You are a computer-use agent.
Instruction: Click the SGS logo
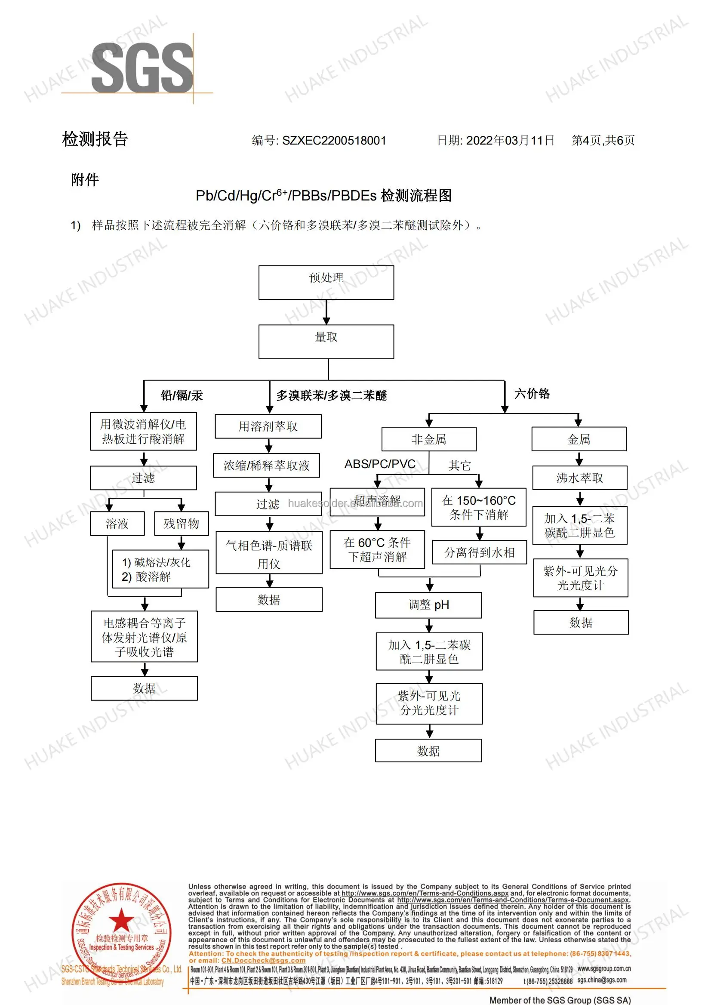click(142, 68)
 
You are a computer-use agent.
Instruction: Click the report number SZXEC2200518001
click(334, 141)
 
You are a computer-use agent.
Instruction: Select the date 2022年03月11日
click(510, 141)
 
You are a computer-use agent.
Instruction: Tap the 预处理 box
click(326, 283)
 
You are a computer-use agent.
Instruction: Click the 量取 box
click(326, 342)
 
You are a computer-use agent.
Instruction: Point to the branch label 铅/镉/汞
click(182, 395)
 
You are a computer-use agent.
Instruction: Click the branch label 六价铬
click(532, 394)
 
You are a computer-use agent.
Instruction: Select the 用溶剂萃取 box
click(268, 426)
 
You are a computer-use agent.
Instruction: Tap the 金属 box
click(579, 439)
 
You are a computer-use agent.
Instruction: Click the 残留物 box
click(181, 524)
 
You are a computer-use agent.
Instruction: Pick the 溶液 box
click(117, 524)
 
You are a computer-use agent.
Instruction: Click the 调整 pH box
click(428, 605)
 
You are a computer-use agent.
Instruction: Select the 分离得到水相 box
click(479, 553)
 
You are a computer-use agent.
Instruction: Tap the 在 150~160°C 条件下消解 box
click(479, 508)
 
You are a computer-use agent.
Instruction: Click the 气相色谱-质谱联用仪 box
click(269, 553)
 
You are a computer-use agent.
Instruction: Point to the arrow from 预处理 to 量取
click(326, 312)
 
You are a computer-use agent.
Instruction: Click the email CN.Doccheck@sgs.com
click(263, 960)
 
